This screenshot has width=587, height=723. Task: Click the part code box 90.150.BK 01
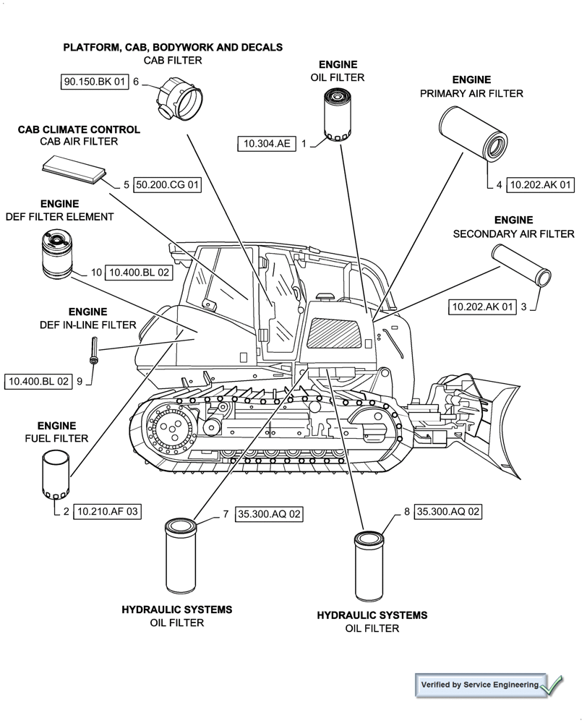[x=95, y=82]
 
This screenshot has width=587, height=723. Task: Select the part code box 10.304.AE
[x=266, y=144]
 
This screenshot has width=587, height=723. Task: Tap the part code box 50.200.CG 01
[x=167, y=185]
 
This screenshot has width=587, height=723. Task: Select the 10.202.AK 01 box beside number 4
[x=541, y=185]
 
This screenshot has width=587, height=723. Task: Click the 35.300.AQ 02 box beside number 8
[x=448, y=511]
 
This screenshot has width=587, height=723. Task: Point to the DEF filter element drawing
[x=56, y=254]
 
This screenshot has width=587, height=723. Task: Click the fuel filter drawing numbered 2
[x=56, y=474]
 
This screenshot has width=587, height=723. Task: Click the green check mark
[x=552, y=684]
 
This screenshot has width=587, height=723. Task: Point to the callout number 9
[x=80, y=380]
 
